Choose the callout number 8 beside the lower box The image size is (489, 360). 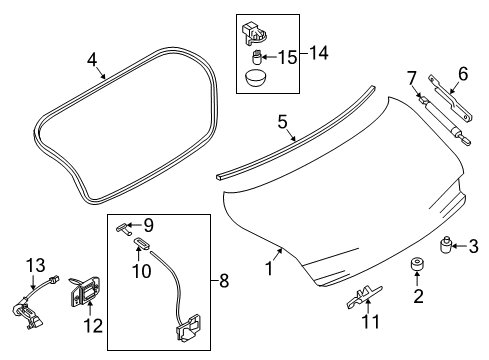coord(225,281)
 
